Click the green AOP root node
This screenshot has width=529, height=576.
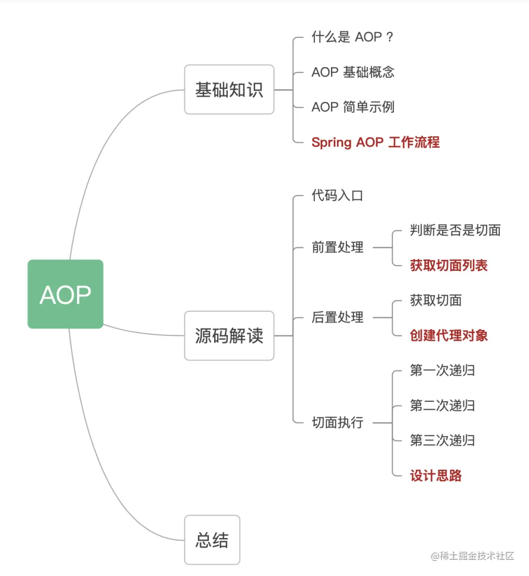pyautogui.click(x=65, y=294)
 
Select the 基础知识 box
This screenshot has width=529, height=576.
pyautogui.click(x=229, y=89)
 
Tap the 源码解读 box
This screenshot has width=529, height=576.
pyautogui.click(x=229, y=336)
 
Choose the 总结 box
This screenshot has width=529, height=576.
pyautogui.click(x=212, y=540)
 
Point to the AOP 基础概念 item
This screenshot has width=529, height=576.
pyautogui.click(x=353, y=72)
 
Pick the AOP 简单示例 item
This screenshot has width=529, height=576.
pyautogui.click(x=353, y=107)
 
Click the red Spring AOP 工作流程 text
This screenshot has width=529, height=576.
pyautogui.click(x=375, y=142)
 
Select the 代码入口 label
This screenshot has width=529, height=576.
pyautogui.click(x=337, y=195)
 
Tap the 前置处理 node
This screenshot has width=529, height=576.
pyautogui.click(x=337, y=247)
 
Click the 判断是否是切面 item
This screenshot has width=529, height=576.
pyautogui.click(x=455, y=230)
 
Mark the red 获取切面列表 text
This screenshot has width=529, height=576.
pyautogui.click(x=449, y=265)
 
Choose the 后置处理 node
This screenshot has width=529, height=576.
pyautogui.click(x=337, y=317)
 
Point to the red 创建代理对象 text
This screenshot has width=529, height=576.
pyautogui.click(x=449, y=335)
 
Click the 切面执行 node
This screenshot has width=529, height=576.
pyautogui.click(x=337, y=423)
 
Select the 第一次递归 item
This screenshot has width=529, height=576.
pyautogui.click(x=442, y=370)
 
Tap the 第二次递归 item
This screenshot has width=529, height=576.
pyautogui.click(x=442, y=405)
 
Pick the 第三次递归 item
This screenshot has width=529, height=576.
pyautogui.click(x=442, y=440)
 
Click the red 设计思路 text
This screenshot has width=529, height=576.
pyautogui.click(x=436, y=475)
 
